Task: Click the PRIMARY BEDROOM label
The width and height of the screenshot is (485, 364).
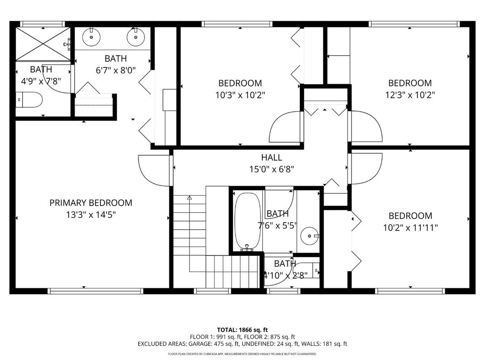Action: pyautogui.click(x=90, y=203)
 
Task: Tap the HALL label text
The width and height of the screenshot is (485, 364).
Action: pyautogui.click(x=271, y=158)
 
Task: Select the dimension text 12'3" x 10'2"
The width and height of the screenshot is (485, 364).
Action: pyautogui.click(x=410, y=95)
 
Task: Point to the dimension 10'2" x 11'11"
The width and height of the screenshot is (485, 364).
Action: pyautogui.click(x=410, y=227)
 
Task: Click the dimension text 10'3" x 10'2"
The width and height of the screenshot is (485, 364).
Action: pyautogui.click(x=240, y=95)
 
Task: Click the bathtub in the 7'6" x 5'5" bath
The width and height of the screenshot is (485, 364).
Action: pyautogui.click(x=247, y=221)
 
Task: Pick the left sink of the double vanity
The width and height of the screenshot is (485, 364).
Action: pyautogui.click(x=92, y=37)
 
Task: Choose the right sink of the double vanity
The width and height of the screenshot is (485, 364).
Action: pyautogui.click(x=135, y=37)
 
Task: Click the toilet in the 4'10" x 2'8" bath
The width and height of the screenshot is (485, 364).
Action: pyautogui.click(x=312, y=271)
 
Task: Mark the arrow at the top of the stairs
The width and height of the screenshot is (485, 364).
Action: pyautogui.click(x=190, y=198)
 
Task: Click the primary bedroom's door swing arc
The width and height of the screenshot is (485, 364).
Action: pyautogui.click(x=153, y=171)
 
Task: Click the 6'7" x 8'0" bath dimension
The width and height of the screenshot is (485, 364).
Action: pyautogui.click(x=115, y=70)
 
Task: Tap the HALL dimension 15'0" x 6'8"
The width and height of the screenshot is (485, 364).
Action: pyautogui.click(x=271, y=170)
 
